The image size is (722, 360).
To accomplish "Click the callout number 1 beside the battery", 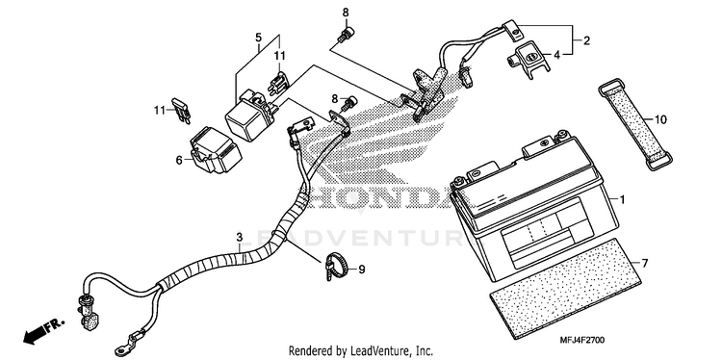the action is pyautogui.click(x=622, y=200).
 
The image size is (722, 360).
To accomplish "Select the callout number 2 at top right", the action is pyautogui.click(x=586, y=41).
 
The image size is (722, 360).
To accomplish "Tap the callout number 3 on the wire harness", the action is pyautogui.click(x=239, y=238).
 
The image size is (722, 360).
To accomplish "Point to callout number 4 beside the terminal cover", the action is pyautogui.click(x=557, y=55).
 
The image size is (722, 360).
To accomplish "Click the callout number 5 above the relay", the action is pyautogui.click(x=258, y=37).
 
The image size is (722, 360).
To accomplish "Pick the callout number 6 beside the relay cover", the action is pyautogui.click(x=179, y=160).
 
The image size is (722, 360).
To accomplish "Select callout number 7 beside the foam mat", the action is pyautogui.click(x=645, y=264).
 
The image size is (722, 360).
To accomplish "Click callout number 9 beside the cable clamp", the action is pyautogui.click(x=361, y=270).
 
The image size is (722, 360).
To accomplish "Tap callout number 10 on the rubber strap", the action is pyautogui.click(x=660, y=120).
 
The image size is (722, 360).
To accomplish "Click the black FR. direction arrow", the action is pyautogui.click(x=43, y=331).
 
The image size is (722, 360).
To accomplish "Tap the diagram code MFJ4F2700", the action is pyautogui.click(x=582, y=340).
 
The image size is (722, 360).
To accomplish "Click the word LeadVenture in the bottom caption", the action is pyautogui.click(x=372, y=351).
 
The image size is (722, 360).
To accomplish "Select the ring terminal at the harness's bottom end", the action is pyautogui.click(x=122, y=349).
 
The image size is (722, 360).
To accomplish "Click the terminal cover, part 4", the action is pyautogui.click(x=529, y=60).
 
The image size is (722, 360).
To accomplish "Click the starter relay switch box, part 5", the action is pyautogui.click(x=247, y=116).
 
